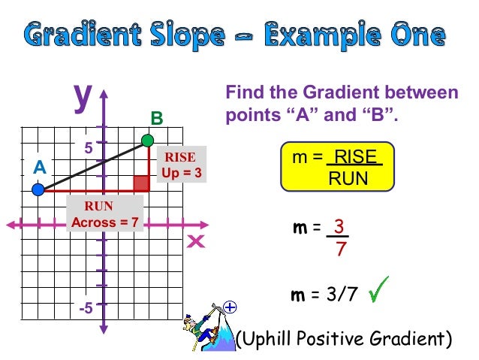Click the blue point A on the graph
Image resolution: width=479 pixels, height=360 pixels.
click(x=38, y=190)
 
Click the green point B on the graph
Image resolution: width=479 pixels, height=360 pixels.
click(x=148, y=140)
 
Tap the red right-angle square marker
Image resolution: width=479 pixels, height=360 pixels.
click(x=140, y=183)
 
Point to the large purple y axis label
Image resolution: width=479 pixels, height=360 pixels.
click(x=82, y=95)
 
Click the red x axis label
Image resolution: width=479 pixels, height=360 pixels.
click(x=197, y=242)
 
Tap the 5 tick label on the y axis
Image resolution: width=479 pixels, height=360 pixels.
click(x=89, y=149)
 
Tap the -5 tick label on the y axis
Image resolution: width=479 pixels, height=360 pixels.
click(x=86, y=308)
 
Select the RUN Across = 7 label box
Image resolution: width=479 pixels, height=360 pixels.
click(x=104, y=214)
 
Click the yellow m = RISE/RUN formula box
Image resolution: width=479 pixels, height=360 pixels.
click(x=336, y=168)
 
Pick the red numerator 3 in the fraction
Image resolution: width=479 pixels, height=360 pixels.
click(x=339, y=227)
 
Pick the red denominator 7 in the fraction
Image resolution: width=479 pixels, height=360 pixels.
click(x=340, y=249)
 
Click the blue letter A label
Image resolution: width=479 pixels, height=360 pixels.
click(x=39, y=168)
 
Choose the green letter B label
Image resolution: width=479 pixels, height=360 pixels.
click(x=156, y=119)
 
